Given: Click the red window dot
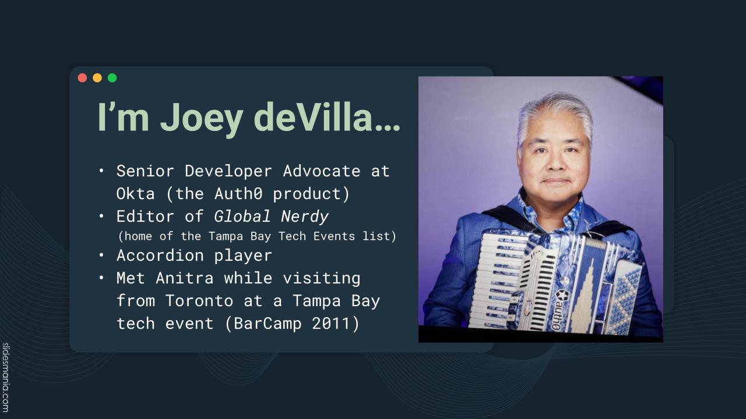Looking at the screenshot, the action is click(x=82, y=78).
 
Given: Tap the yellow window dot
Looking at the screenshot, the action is click(x=97, y=78).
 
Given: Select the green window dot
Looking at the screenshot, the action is click(x=112, y=78).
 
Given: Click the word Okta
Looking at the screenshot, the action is click(x=135, y=194).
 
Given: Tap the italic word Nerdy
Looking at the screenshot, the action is click(x=305, y=217).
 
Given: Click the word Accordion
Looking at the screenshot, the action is click(x=160, y=255).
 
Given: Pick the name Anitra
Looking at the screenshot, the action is click(x=185, y=278).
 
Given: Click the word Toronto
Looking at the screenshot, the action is click(x=199, y=301).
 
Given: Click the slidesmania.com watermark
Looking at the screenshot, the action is click(x=5, y=377).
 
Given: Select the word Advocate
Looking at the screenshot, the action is click(x=322, y=171).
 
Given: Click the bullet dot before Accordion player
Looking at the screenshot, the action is click(x=101, y=255).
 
